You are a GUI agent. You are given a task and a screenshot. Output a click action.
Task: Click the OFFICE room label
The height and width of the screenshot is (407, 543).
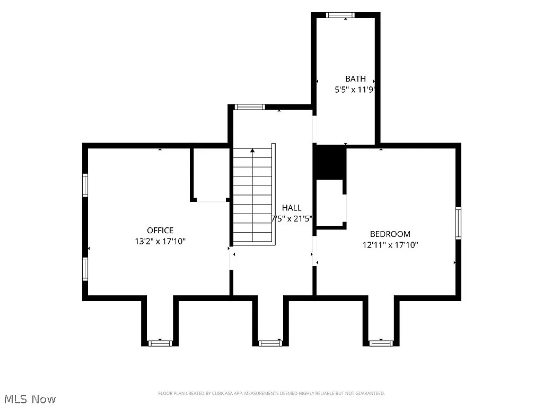coord(160,230)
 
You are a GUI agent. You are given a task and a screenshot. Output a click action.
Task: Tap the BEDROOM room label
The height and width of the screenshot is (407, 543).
coord(390,234)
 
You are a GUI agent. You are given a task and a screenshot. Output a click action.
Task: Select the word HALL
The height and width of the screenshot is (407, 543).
coord(291,208)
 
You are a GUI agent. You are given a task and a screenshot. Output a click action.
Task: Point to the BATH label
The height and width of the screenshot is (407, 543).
coord(355,78)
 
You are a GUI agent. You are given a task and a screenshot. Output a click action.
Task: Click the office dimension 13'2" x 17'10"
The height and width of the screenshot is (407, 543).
coord(160,241)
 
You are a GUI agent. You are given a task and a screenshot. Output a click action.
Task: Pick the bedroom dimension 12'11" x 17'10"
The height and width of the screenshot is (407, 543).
coord(390,245)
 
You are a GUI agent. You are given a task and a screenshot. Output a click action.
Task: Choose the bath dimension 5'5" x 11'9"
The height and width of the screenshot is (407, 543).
coord(355,90)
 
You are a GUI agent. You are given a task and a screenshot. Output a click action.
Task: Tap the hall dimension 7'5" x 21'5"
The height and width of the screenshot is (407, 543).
coord(292,219)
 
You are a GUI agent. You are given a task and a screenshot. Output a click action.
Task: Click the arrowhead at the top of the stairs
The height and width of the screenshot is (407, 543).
coord(252,151)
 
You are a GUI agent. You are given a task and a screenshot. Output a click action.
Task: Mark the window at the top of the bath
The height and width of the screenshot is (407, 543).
coord(340,15)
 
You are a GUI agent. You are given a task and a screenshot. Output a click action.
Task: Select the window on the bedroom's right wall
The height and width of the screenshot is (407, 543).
coord(458,223)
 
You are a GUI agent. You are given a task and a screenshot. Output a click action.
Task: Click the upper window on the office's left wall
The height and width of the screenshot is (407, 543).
coord(85,185)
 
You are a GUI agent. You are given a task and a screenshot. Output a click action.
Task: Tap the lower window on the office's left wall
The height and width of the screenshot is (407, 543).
coord(85,269)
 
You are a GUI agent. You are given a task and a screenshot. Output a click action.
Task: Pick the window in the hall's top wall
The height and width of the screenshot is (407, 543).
coord(249,107)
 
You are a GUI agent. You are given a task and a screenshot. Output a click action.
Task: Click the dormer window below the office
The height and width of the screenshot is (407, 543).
coord(160,343)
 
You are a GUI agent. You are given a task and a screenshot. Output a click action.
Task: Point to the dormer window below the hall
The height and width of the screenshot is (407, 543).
coord(270,343)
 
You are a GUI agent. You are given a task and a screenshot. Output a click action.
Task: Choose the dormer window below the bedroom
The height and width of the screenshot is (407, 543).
coord(381,343)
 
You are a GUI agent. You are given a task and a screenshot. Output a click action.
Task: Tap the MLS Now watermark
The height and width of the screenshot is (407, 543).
coord(30,399)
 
